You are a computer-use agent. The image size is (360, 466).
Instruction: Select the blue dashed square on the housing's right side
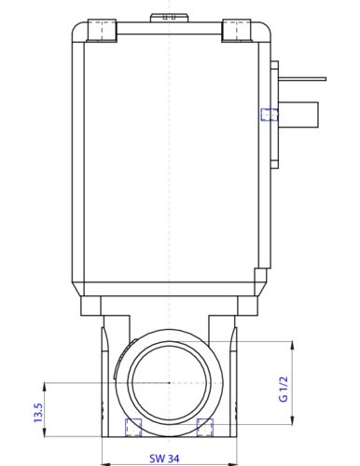pos(269,115)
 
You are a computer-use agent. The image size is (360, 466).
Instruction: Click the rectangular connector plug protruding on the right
pos(299,115)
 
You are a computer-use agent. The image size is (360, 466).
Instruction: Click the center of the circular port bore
pos(167,383)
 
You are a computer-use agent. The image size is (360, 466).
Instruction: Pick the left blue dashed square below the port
pos(134,427)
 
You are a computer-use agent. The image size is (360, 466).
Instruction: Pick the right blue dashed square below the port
pos(205,427)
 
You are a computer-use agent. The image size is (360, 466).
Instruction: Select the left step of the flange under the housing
pos(91,306)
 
